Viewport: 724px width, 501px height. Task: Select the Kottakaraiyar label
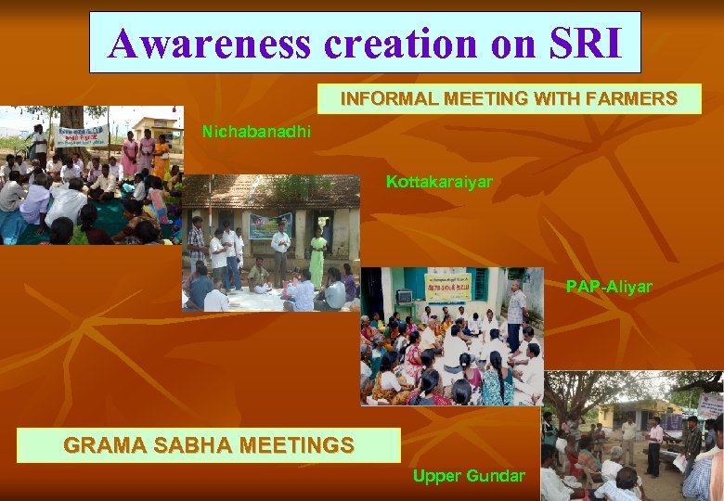439,182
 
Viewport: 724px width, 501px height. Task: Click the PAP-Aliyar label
609,287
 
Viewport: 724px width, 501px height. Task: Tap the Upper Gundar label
469,476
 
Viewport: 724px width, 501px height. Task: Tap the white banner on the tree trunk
80,136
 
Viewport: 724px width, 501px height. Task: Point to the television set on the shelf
404,297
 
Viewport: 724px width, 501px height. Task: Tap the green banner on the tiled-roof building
269,225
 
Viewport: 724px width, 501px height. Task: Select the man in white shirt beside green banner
280,249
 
